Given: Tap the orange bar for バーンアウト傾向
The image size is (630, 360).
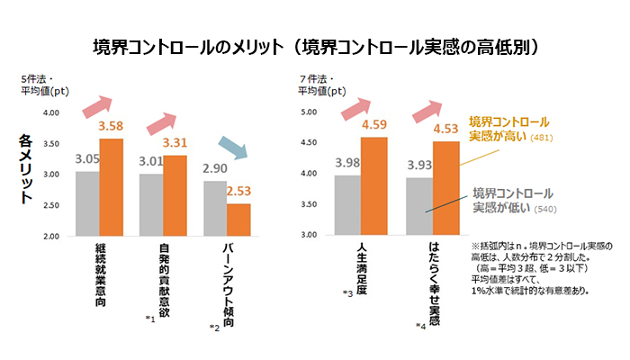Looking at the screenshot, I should [x=238, y=220].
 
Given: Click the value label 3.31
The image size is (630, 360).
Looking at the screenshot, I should [x=175, y=142].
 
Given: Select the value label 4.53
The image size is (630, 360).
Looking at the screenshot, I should [x=446, y=128].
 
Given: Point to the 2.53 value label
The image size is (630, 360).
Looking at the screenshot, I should [x=238, y=191].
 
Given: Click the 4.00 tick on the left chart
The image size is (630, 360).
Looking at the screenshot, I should [x=50, y=112].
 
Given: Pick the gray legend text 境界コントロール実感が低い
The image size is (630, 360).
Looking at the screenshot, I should [x=512, y=202].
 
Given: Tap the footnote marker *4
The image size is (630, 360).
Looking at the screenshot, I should [x=420, y=325].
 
